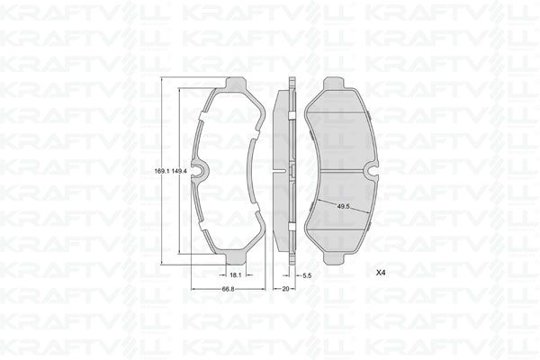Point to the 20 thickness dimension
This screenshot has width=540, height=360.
point(284,289)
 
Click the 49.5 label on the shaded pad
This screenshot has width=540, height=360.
point(343,206)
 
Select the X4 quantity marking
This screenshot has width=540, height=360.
point(381,271)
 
